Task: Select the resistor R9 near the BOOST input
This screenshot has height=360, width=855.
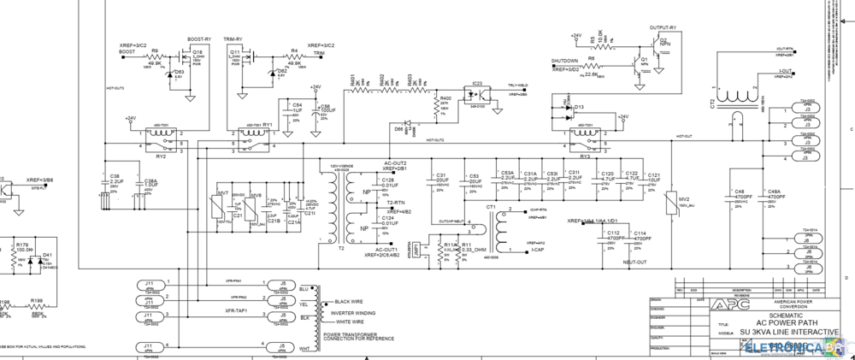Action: click(x=156, y=56)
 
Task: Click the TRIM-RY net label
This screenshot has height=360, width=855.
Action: click(x=233, y=39)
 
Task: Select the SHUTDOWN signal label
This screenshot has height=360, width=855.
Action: click(x=564, y=61)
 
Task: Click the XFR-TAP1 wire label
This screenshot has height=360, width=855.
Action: click(x=237, y=311)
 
